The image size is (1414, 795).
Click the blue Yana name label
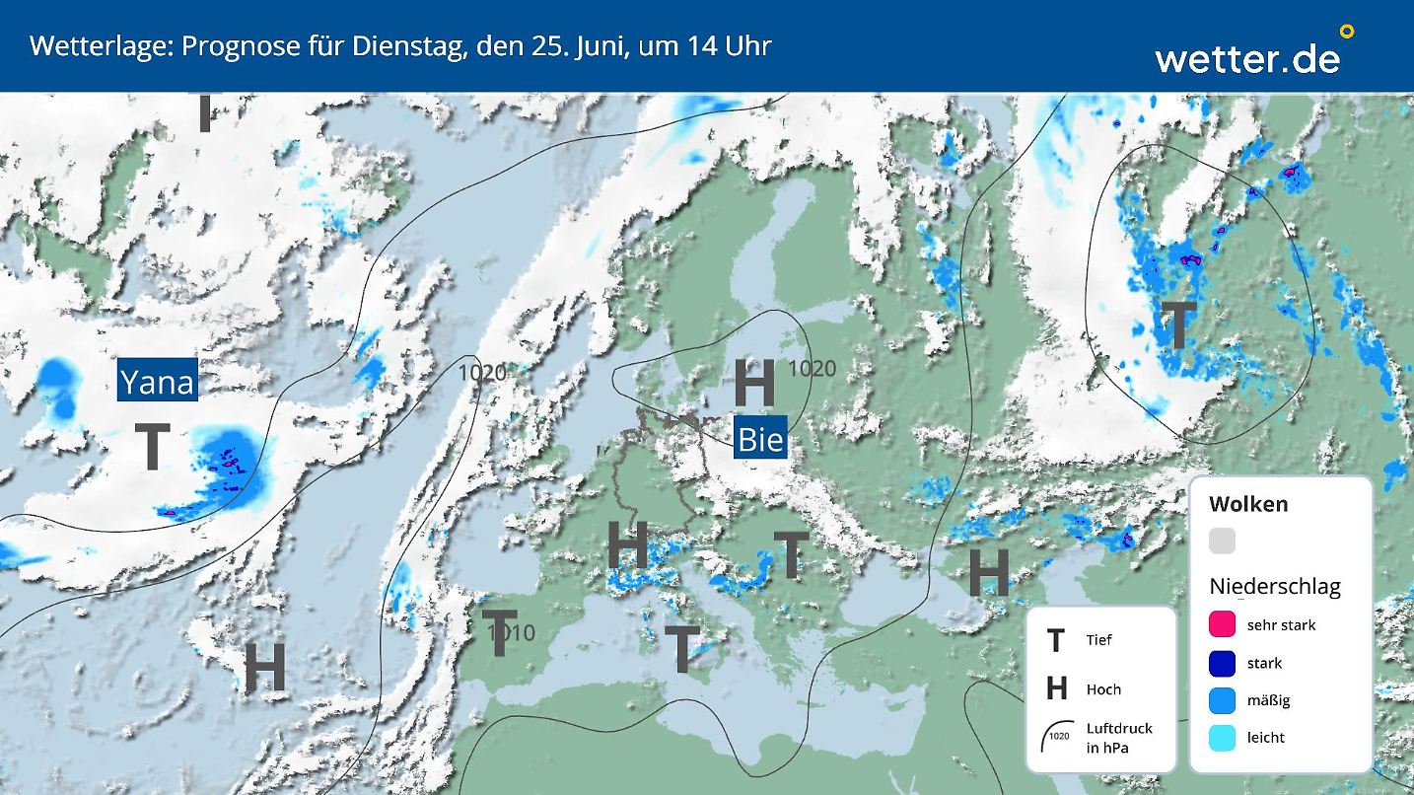click(x=157, y=381)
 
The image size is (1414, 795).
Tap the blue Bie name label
click(x=760, y=439)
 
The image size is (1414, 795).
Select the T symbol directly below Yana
click(x=152, y=447)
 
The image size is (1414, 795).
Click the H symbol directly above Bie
click(x=754, y=384)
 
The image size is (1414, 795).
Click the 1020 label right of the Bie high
click(x=812, y=369)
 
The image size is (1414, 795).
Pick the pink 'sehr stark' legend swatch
click(x=1222, y=624)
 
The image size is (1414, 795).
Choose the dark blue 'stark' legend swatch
click(x=1222, y=663)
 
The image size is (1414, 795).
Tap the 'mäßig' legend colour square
click(x=1222, y=700)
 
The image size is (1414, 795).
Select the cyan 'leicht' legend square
click(x=1222, y=737)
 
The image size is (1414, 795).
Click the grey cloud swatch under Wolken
click(x=1222, y=541)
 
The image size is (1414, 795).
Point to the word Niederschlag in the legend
click(x=1275, y=587)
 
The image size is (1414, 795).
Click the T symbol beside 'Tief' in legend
click(x=1056, y=640)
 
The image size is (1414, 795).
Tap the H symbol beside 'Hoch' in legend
click(x=1056, y=688)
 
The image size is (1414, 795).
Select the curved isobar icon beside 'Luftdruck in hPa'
click(x=1057, y=736)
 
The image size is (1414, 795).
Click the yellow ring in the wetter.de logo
click(x=1347, y=32)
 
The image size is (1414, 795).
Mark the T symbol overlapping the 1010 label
click(x=499, y=634)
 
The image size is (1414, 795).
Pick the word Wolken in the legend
click(x=1248, y=504)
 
